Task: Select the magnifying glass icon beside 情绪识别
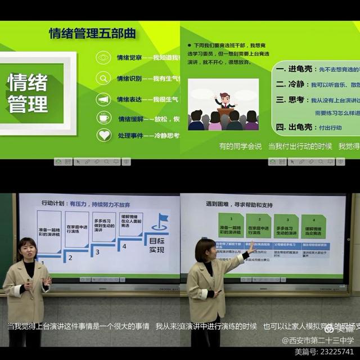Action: [x=103, y=79]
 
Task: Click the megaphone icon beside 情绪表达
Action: [x=103, y=99]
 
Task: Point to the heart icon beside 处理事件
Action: [x=103, y=135]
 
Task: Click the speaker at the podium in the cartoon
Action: [x=225, y=101]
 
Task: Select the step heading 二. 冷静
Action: [x=290, y=84]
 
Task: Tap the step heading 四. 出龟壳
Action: [x=294, y=128]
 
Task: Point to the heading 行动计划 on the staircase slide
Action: [x=53, y=203]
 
